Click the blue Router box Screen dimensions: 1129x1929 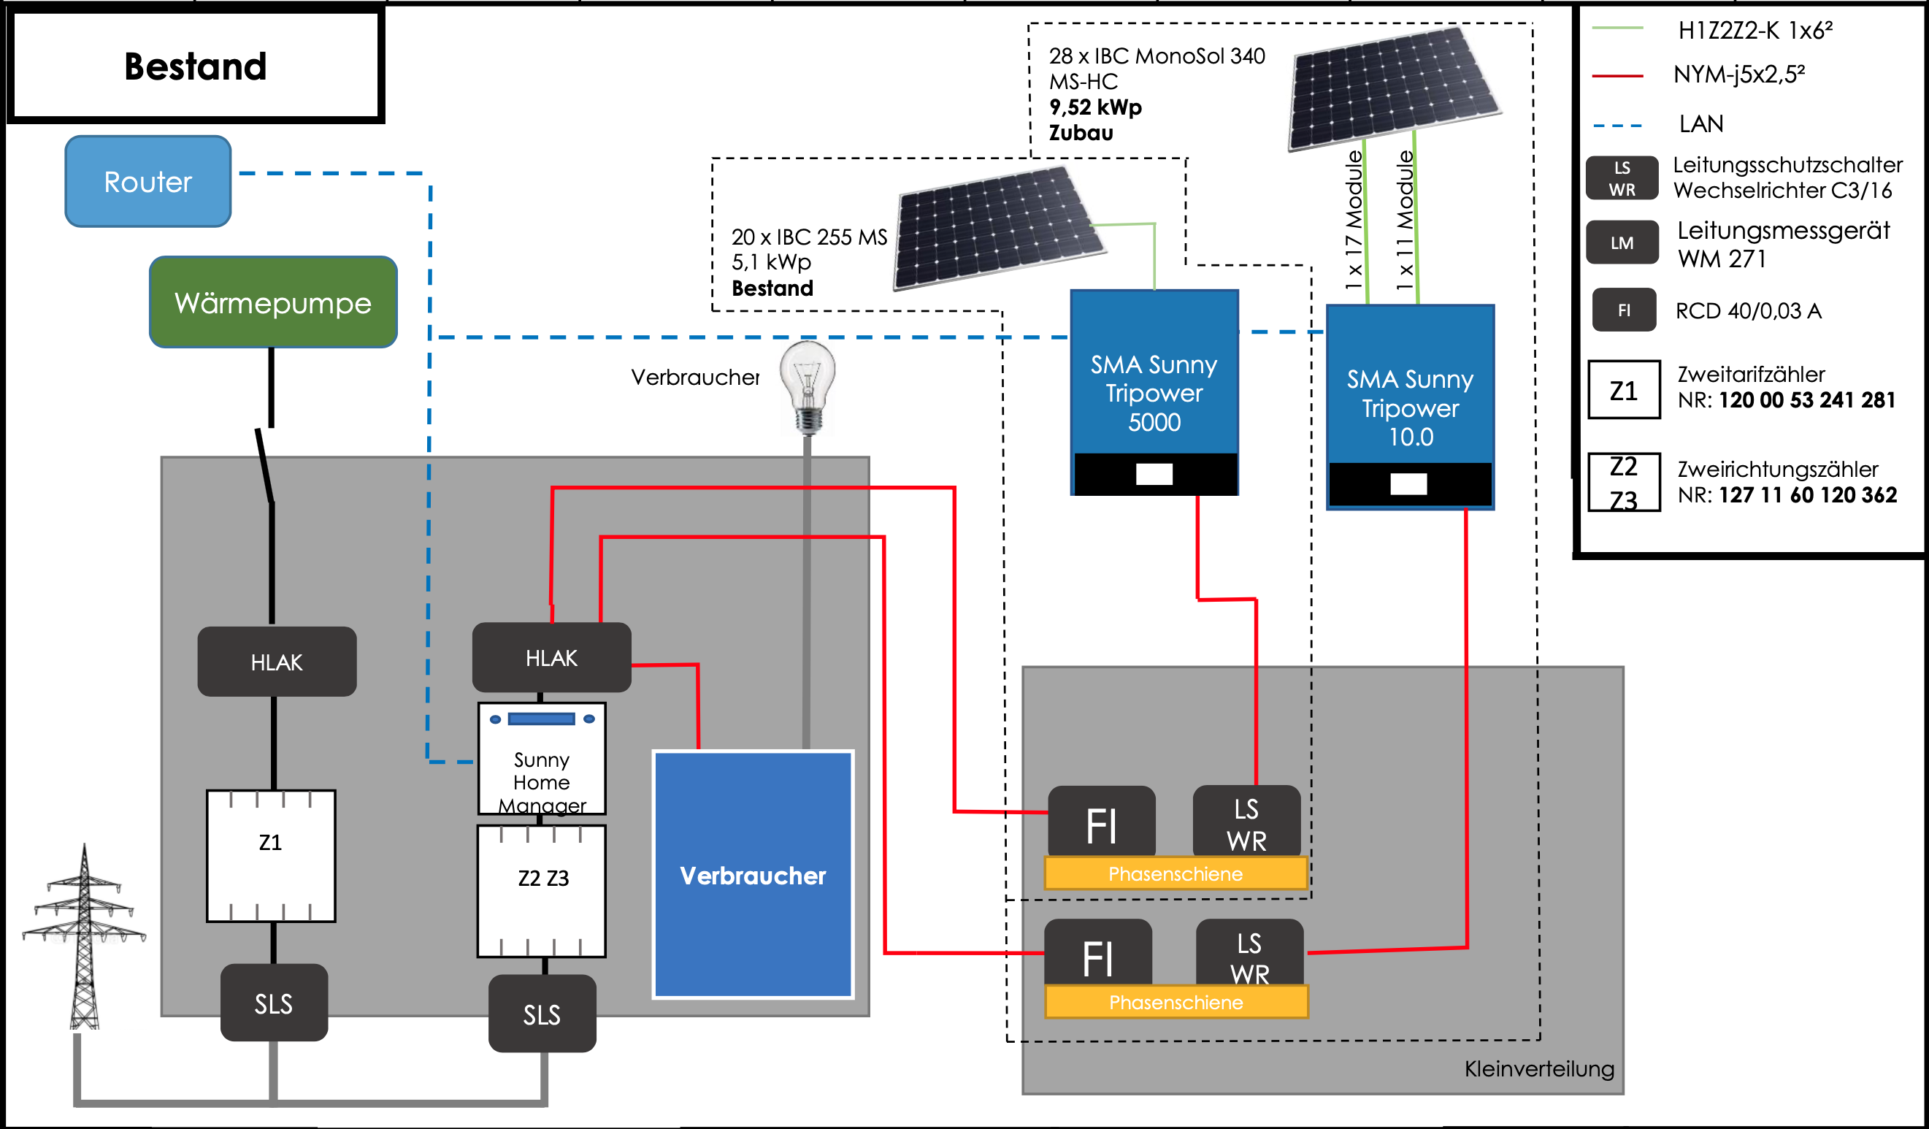tap(147, 181)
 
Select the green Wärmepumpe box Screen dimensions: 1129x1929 tap(272, 302)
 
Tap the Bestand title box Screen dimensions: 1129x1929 tap(195, 66)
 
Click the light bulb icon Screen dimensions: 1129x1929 tap(808, 386)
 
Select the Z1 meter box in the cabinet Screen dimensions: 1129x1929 tap(270, 856)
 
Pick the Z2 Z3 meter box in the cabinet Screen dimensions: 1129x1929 tap(541, 891)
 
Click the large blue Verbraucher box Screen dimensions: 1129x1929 tap(753, 875)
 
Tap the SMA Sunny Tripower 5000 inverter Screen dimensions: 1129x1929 tap(1154, 393)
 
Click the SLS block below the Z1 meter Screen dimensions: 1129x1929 tap(273, 1003)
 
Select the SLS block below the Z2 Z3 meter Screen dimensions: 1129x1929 tap(541, 1014)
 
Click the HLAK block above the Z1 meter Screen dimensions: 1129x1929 tap(276, 662)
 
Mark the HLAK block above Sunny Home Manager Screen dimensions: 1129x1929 tap(551, 657)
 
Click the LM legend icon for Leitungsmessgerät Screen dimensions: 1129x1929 tap(1622, 242)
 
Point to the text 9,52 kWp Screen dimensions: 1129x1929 tap(1094, 107)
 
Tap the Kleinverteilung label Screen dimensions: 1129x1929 tap(1538, 1068)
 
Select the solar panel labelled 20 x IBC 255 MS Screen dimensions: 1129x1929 tap(999, 228)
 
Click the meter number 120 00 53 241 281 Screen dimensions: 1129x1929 tap(1806, 399)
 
